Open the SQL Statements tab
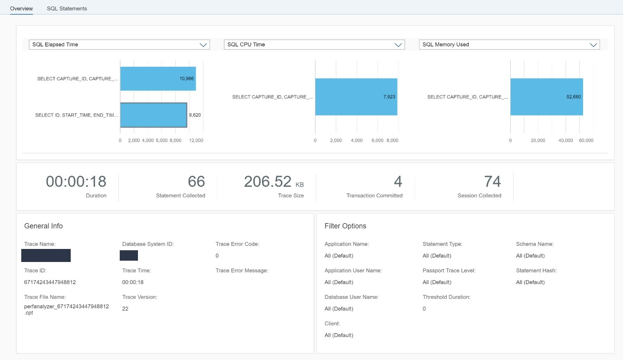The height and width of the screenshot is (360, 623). [67, 8]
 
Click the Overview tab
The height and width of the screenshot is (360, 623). [21, 8]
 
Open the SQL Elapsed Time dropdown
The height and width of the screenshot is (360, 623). [119, 45]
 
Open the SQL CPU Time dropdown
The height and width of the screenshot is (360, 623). [314, 45]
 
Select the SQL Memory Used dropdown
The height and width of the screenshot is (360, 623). [509, 45]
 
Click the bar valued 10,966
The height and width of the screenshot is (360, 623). [158, 79]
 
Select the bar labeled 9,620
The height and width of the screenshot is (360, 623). [154, 115]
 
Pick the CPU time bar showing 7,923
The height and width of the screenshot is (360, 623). [356, 97]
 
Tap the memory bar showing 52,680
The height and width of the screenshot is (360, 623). [547, 97]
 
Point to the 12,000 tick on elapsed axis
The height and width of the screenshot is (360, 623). [196, 141]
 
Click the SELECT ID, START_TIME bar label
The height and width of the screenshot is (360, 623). [76, 115]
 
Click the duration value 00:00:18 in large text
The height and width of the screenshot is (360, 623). [76, 182]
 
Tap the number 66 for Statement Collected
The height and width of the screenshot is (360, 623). [196, 182]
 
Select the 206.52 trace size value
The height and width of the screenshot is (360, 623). [267, 182]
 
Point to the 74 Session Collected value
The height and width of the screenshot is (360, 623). [492, 182]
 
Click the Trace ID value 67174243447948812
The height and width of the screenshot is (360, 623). [50, 282]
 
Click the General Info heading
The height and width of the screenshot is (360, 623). [43, 226]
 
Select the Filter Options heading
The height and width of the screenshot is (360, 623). [345, 226]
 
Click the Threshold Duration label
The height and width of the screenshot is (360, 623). [446, 297]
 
